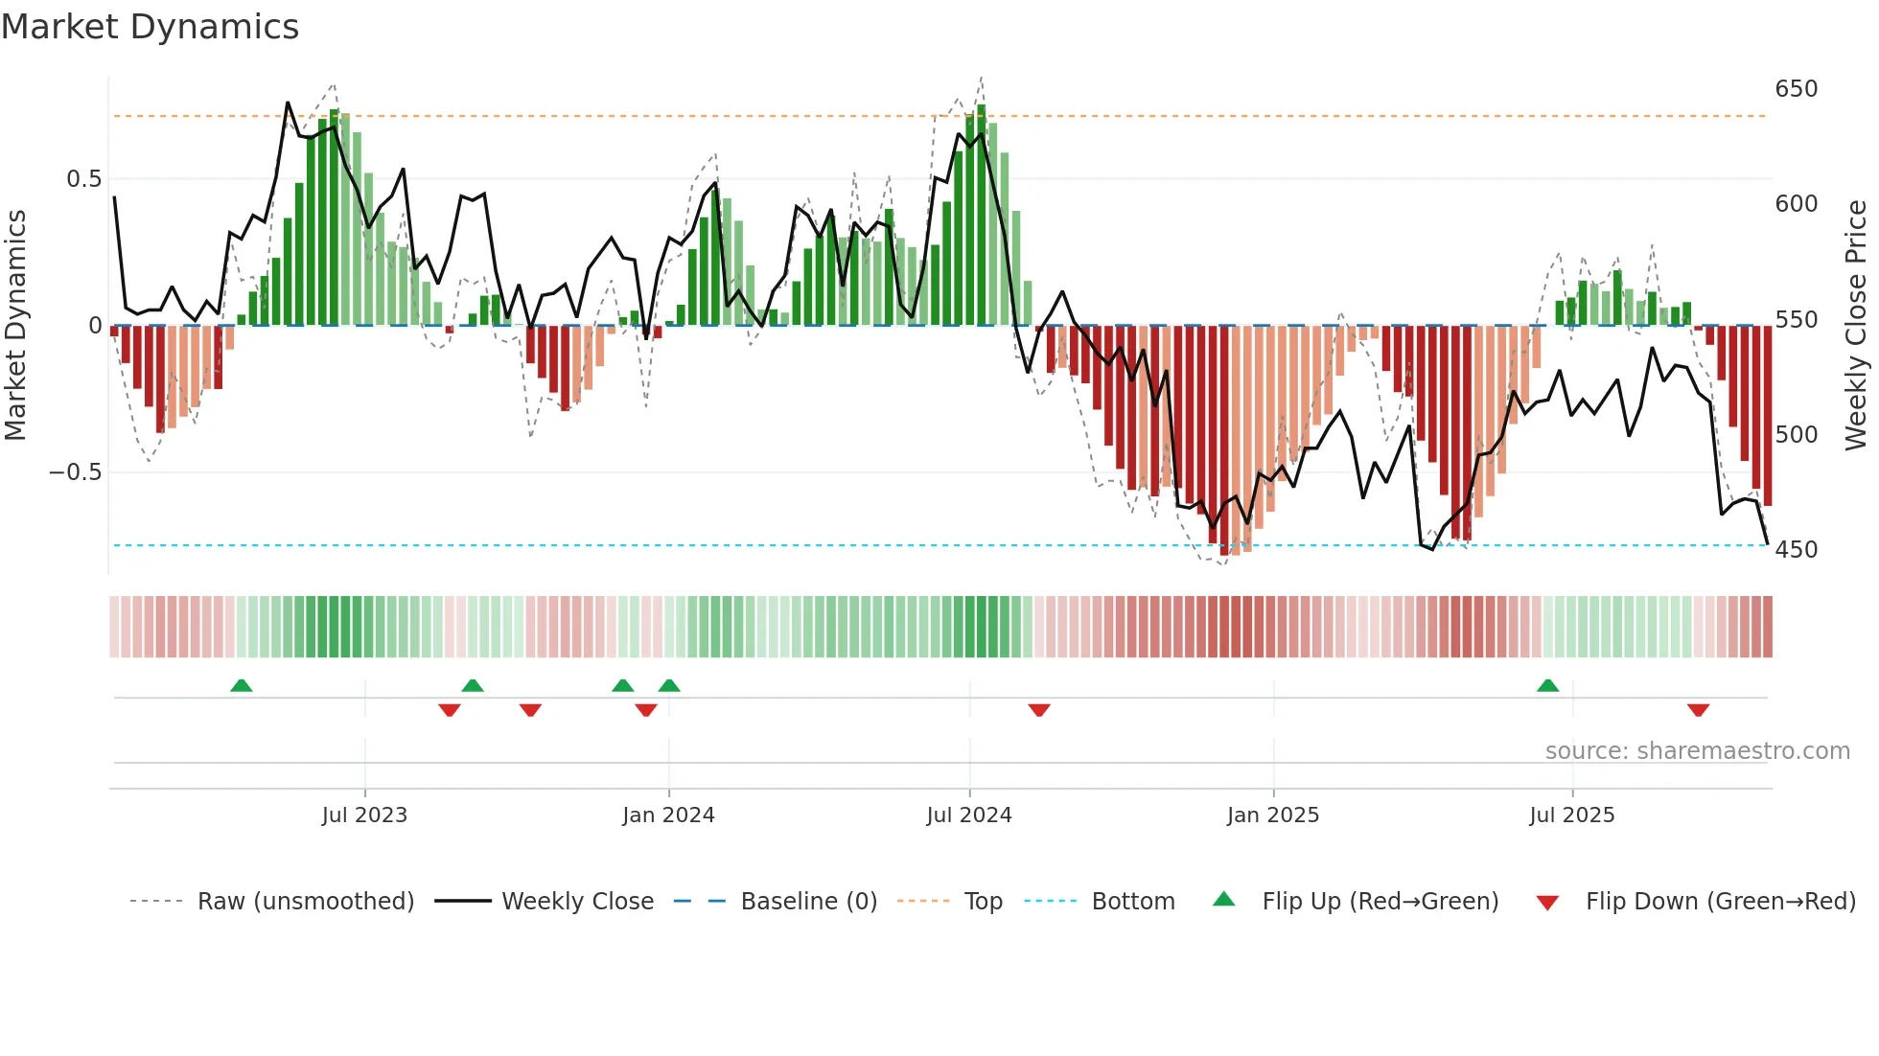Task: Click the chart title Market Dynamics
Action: (x=150, y=27)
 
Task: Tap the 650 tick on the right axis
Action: (x=1796, y=89)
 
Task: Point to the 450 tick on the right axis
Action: (x=1796, y=550)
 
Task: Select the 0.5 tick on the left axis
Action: (x=83, y=179)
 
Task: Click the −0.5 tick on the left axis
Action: (x=75, y=472)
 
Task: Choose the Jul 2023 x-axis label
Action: (x=364, y=815)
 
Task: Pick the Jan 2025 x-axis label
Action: (x=1272, y=815)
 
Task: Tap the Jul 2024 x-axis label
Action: (x=968, y=815)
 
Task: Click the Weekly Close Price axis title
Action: (x=1856, y=326)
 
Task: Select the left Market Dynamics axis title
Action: (x=15, y=326)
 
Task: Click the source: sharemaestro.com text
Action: (x=1697, y=751)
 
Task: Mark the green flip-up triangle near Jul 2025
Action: (x=1547, y=685)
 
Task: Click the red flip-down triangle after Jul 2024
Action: (x=1039, y=710)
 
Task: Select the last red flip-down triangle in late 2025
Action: (x=1698, y=710)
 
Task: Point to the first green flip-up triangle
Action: (x=242, y=685)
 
